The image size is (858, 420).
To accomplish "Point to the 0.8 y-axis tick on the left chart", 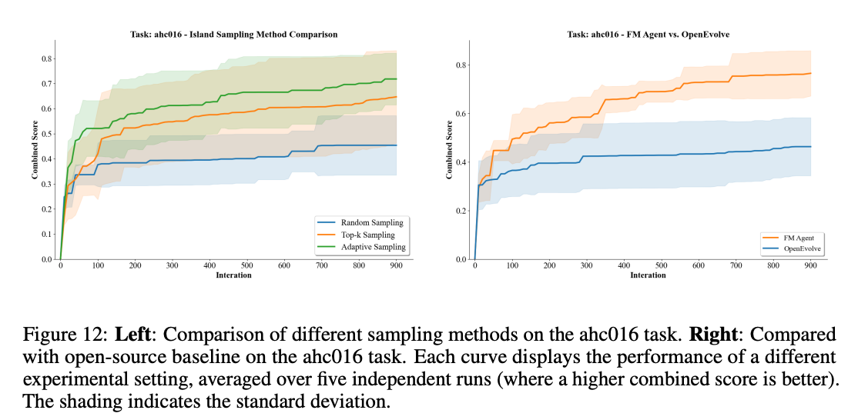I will pos(46,58).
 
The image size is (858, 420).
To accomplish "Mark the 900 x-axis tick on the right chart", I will pos(810,266).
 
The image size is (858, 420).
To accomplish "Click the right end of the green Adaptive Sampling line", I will pos(396,79).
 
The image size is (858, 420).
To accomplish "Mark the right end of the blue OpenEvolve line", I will pos(811,147).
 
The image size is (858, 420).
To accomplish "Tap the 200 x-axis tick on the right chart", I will pos(549,266).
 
